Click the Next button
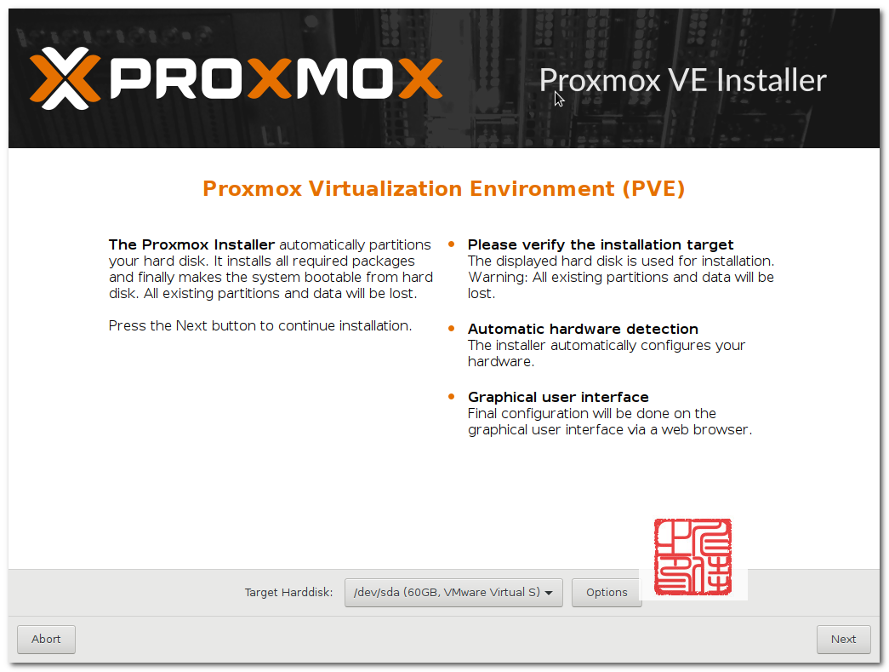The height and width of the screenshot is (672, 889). click(843, 639)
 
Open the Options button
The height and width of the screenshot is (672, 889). click(607, 593)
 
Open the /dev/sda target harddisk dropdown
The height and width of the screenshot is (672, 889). click(453, 593)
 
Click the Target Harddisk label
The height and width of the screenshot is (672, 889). click(288, 593)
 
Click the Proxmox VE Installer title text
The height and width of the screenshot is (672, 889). click(682, 80)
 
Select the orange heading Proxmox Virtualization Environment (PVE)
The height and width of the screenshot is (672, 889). click(444, 189)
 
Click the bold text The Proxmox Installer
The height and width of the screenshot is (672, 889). click(191, 244)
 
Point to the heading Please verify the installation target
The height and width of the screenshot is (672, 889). click(601, 244)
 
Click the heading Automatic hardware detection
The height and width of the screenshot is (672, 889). click(583, 330)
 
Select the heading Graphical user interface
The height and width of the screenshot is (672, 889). click(558, 397)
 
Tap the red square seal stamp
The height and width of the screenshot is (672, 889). click(692, 557)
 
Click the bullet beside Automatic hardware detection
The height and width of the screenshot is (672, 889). click(451, 329)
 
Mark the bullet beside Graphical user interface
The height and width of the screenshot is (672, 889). click(451, 397)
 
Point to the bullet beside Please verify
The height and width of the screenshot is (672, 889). click(451, 244)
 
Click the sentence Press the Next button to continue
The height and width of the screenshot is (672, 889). click(260, 326)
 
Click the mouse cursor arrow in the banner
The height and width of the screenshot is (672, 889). click(559, 99)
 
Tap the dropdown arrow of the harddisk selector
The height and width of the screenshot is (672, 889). click(548, 593)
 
